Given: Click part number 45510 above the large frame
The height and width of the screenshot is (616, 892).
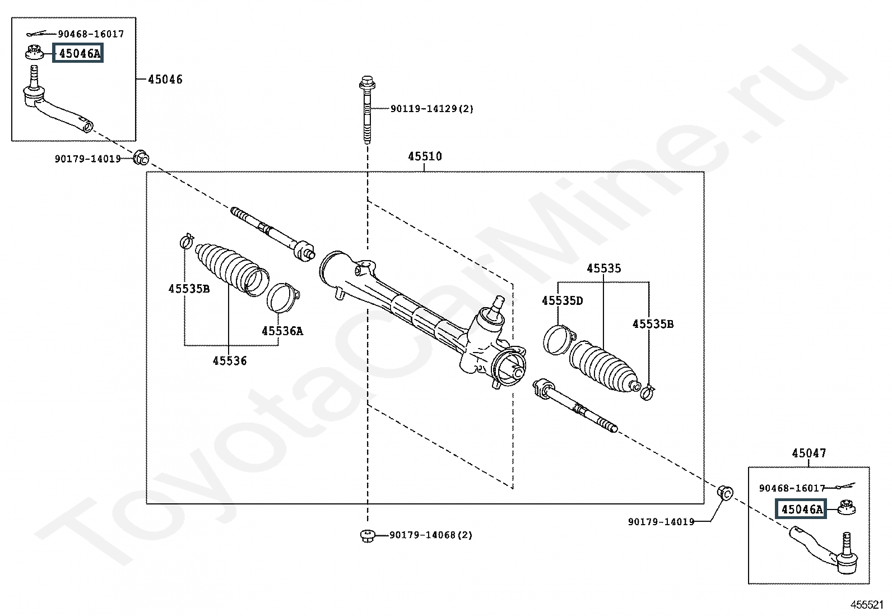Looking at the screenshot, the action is click(x=425, y=156).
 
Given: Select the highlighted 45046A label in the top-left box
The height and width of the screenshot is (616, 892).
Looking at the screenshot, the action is click(x=78, y=53).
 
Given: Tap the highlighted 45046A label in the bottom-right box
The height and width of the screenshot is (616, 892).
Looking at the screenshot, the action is click(x=801, y=509).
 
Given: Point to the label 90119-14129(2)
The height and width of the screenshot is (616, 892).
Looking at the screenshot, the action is click(x=431, y=108).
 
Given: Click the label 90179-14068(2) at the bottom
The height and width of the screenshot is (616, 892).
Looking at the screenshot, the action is click(x=431, y=535).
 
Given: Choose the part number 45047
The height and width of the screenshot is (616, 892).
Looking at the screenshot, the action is click(x=809, y=453).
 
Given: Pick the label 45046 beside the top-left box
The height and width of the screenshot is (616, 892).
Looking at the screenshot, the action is click(x=165, y=79).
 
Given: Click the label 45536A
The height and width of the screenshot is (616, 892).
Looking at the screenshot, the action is click(x=282, y=331).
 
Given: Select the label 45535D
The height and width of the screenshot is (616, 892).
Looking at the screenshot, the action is click(x=563, y=300).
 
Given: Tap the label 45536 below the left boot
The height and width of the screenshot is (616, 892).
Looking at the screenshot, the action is click(x=229, y=360).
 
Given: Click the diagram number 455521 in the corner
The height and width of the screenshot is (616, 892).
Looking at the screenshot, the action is click(x=867, y=605).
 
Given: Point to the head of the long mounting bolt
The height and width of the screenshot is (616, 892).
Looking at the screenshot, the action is click(x=367, y=82).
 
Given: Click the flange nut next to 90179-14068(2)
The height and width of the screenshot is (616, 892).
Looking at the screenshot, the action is click(x=367, y=535).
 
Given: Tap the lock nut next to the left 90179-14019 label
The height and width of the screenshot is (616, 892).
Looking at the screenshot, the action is click(x=141, y=157).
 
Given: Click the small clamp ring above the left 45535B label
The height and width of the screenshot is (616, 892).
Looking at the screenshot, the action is click(x=187, y=241).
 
